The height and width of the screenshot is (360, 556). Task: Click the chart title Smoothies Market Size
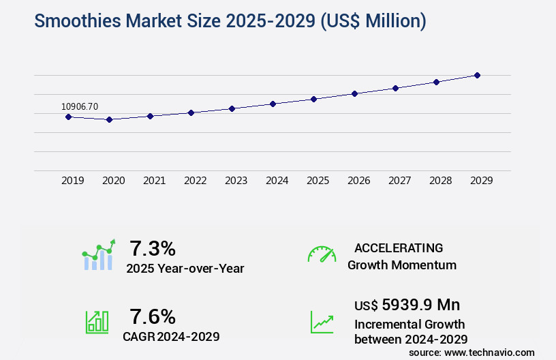(x=230, y=21)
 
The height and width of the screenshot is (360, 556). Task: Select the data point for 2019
(x=68, y=117)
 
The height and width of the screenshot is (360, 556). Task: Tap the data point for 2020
(x=109, y=119)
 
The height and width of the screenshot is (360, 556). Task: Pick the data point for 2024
(x=273, y=104)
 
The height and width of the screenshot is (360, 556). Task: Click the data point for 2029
(x=477, y=75)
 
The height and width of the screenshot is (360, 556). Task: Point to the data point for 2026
(x=354, y=93)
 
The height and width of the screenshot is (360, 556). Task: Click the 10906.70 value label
(x=80, y=106)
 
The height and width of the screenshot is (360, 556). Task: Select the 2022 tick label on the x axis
(x=195, y=181)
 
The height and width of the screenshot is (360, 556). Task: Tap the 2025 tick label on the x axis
(x=318, y=181)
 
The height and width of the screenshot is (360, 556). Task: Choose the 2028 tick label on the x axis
(x=440, y=181)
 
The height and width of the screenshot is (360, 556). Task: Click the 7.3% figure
(x=153, y=247)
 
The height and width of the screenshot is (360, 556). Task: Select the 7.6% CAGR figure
(x=153, y=316)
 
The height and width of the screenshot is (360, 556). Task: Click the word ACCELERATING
(x=399, y=247)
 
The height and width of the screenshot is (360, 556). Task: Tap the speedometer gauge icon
(x=322, y=254)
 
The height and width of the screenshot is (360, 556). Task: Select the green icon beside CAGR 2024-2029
(x=97, y=322)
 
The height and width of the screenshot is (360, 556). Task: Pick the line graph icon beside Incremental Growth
(x=322, y=322)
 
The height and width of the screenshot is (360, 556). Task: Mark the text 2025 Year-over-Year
(x=185, y=269)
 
